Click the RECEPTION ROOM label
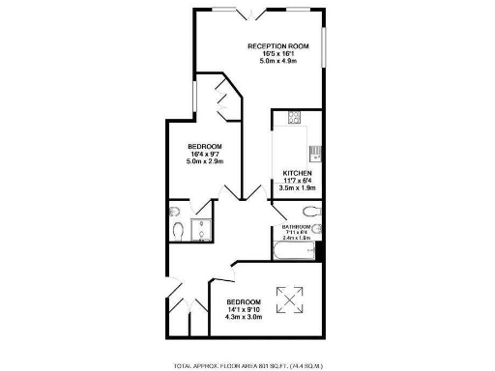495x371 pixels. pos(277,45)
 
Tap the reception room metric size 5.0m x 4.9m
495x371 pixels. pos(277,61)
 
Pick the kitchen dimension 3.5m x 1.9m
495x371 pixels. pos(297,189)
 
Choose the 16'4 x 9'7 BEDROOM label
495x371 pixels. pos(205,147)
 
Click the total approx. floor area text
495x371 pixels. pos(247,365)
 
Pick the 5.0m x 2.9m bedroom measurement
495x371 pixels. pos(205,161)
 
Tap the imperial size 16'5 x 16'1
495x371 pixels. pos(277,53)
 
